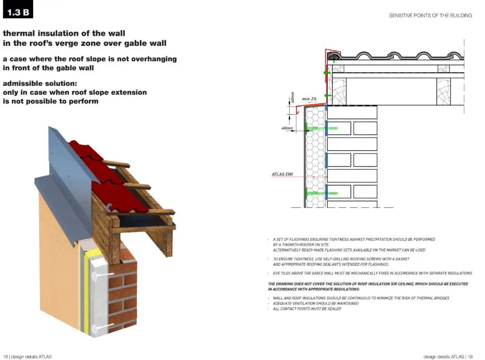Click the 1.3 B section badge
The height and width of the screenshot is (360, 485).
[18, 10]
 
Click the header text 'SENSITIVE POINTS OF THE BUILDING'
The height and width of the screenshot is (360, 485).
[430, 16]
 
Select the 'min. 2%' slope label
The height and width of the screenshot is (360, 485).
[309, 99]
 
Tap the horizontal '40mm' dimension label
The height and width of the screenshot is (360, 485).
[286, 128]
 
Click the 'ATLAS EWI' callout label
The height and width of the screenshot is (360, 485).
[282, 175]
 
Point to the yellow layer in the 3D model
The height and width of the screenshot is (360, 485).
[87, 294]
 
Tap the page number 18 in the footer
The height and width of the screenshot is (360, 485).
[5, 356]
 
